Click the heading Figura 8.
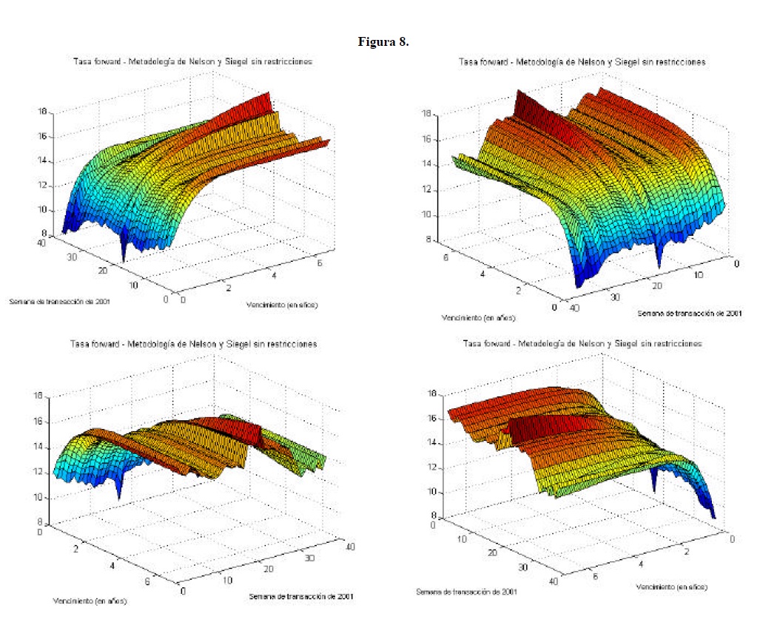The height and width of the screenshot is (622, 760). click(383, 41)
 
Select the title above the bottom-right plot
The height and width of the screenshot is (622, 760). click(582, 343)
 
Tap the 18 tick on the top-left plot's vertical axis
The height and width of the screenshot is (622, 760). click(43, 112)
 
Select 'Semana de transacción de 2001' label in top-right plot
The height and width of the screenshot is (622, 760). click(690, 314)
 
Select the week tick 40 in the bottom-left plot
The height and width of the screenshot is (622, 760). click(349, 547)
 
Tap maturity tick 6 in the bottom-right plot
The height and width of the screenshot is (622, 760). click(596, 573)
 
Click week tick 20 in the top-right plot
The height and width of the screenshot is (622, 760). click(653, 286)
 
